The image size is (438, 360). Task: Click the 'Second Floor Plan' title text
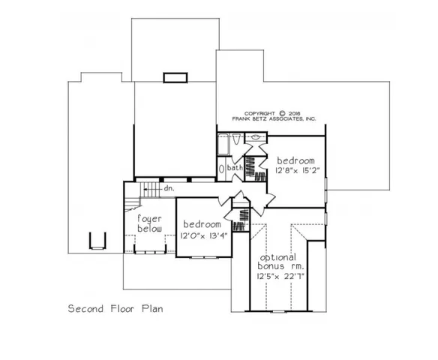(x=115, y=308)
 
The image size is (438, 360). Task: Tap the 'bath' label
(x=235, y=168)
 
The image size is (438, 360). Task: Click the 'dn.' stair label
(x=169, y=188)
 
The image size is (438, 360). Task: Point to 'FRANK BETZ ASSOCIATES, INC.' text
(x=274, y=120)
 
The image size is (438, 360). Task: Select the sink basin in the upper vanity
(x=256, y=138)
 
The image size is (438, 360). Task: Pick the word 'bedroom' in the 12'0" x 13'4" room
(x=201, y=225)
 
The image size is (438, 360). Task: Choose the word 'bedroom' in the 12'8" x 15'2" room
(x=295, y=160)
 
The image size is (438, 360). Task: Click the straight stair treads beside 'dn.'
(x=151, y=188)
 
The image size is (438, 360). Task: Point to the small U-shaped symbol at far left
(x=95, y=241)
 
